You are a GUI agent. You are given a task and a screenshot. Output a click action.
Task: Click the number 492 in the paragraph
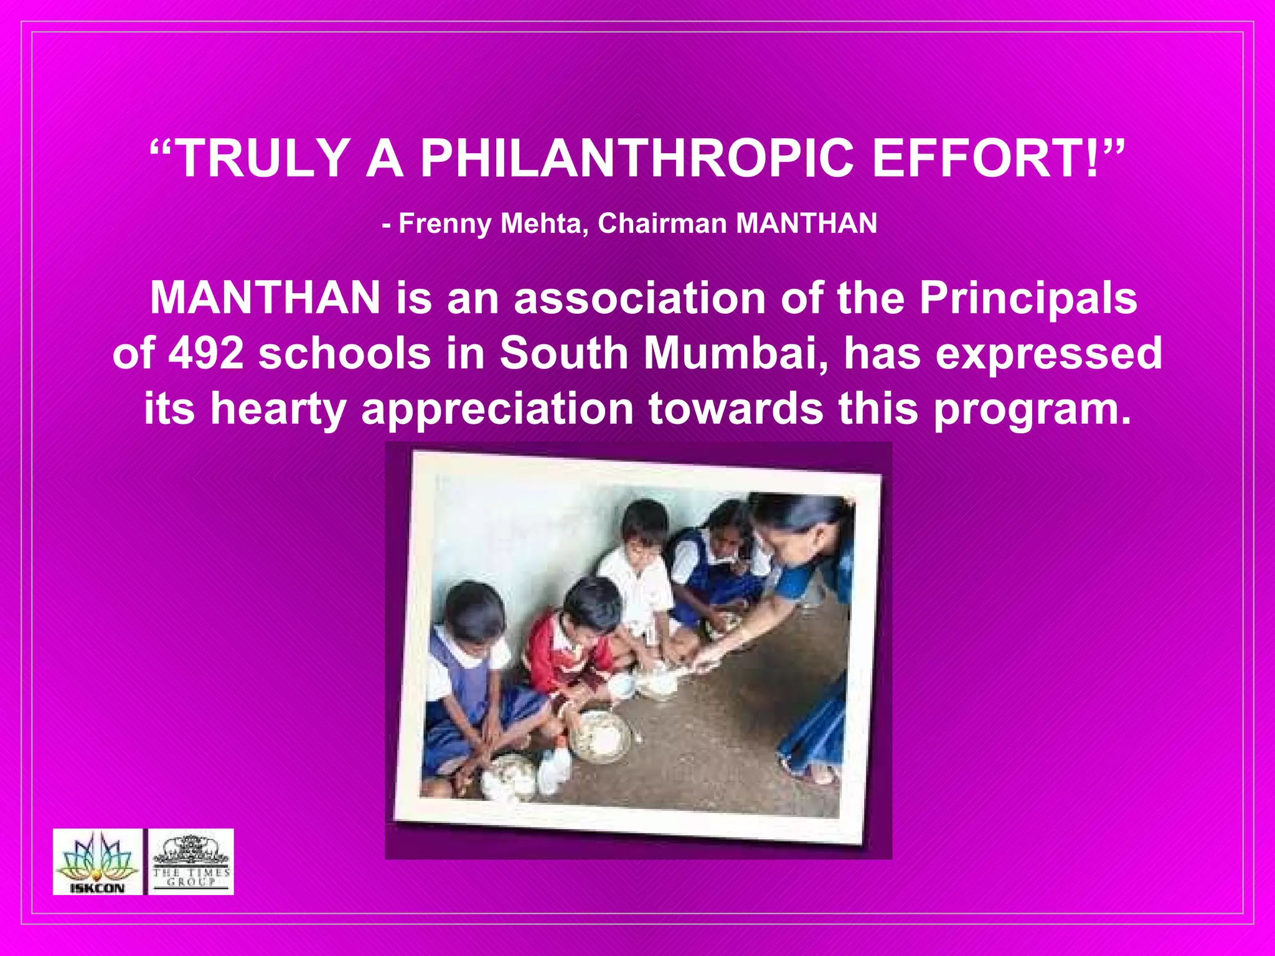206,353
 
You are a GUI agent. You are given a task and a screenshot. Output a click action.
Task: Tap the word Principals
1028,298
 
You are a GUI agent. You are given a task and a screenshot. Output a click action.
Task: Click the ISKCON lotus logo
98,862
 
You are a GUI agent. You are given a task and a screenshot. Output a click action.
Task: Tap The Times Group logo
191,862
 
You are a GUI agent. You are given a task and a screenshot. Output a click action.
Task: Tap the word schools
344,353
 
